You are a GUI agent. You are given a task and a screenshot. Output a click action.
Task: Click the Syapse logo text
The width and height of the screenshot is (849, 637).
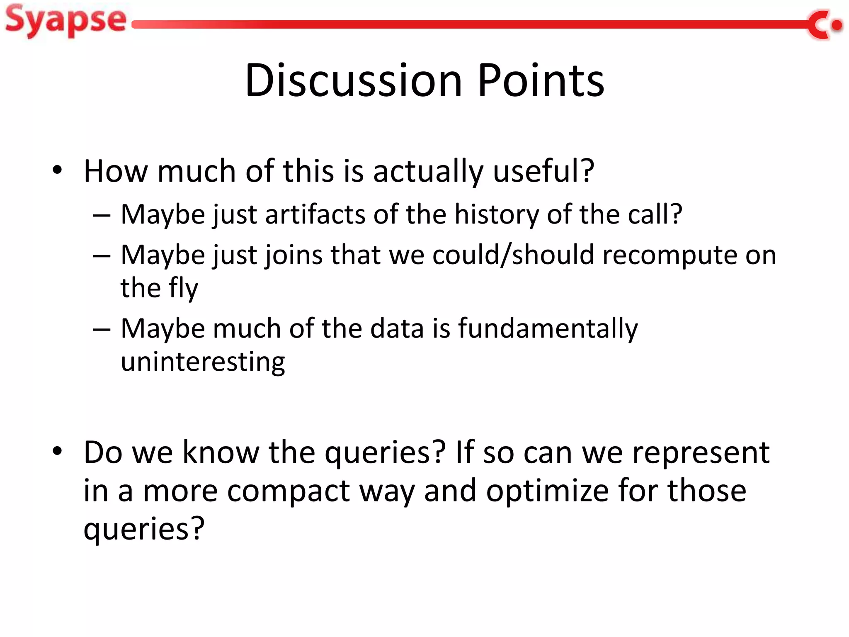tap(65, 21)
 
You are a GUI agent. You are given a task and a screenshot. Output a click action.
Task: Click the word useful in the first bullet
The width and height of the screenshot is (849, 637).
tap(543, 171)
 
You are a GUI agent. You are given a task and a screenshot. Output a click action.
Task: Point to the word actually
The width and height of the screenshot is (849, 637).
tap(428, 172)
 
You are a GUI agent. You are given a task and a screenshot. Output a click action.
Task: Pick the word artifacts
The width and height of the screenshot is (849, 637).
tap(315, 214)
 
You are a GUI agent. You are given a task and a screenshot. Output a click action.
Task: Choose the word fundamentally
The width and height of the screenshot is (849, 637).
tap(548, 328)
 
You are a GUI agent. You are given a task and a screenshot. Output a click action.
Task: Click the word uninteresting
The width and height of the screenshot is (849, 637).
tap(203, 362)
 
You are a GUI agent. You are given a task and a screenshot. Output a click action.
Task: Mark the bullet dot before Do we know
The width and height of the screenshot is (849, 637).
tap(57, 451)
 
